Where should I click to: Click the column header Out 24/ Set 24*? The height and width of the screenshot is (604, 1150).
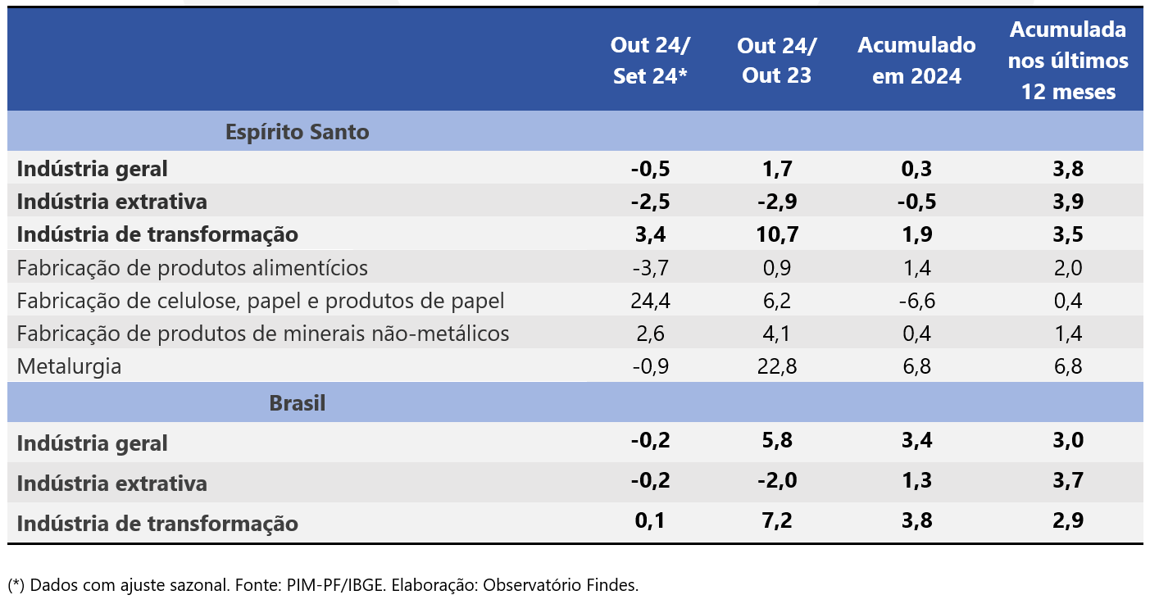(651, 61)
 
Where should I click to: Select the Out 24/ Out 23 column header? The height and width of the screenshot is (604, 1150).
(776, 61)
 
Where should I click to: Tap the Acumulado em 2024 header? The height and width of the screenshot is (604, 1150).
(916, 61)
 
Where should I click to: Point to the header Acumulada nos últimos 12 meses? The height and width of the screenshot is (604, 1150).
(1068, 61)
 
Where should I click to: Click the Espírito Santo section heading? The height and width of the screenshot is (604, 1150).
(297, 132)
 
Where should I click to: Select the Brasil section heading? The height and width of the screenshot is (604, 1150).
(297, 403)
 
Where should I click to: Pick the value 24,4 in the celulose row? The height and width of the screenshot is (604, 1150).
(651, 301)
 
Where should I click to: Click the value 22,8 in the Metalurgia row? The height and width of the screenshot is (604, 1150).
(776, 366)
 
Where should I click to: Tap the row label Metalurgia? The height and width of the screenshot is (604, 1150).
(69, 366)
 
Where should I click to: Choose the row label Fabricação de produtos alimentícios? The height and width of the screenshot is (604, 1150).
(192, 268)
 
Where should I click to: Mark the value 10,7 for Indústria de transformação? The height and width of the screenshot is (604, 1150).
(776, 235)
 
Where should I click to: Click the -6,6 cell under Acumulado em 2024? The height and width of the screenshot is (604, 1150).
(916, 301)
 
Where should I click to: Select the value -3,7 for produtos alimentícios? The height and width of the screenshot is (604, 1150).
(651, 268)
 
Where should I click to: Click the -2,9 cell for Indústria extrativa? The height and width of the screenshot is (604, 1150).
(776, 202)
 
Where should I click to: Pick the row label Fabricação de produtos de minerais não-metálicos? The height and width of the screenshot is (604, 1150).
(262, 334)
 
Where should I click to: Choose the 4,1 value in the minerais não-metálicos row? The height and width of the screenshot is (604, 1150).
(776, 334)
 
